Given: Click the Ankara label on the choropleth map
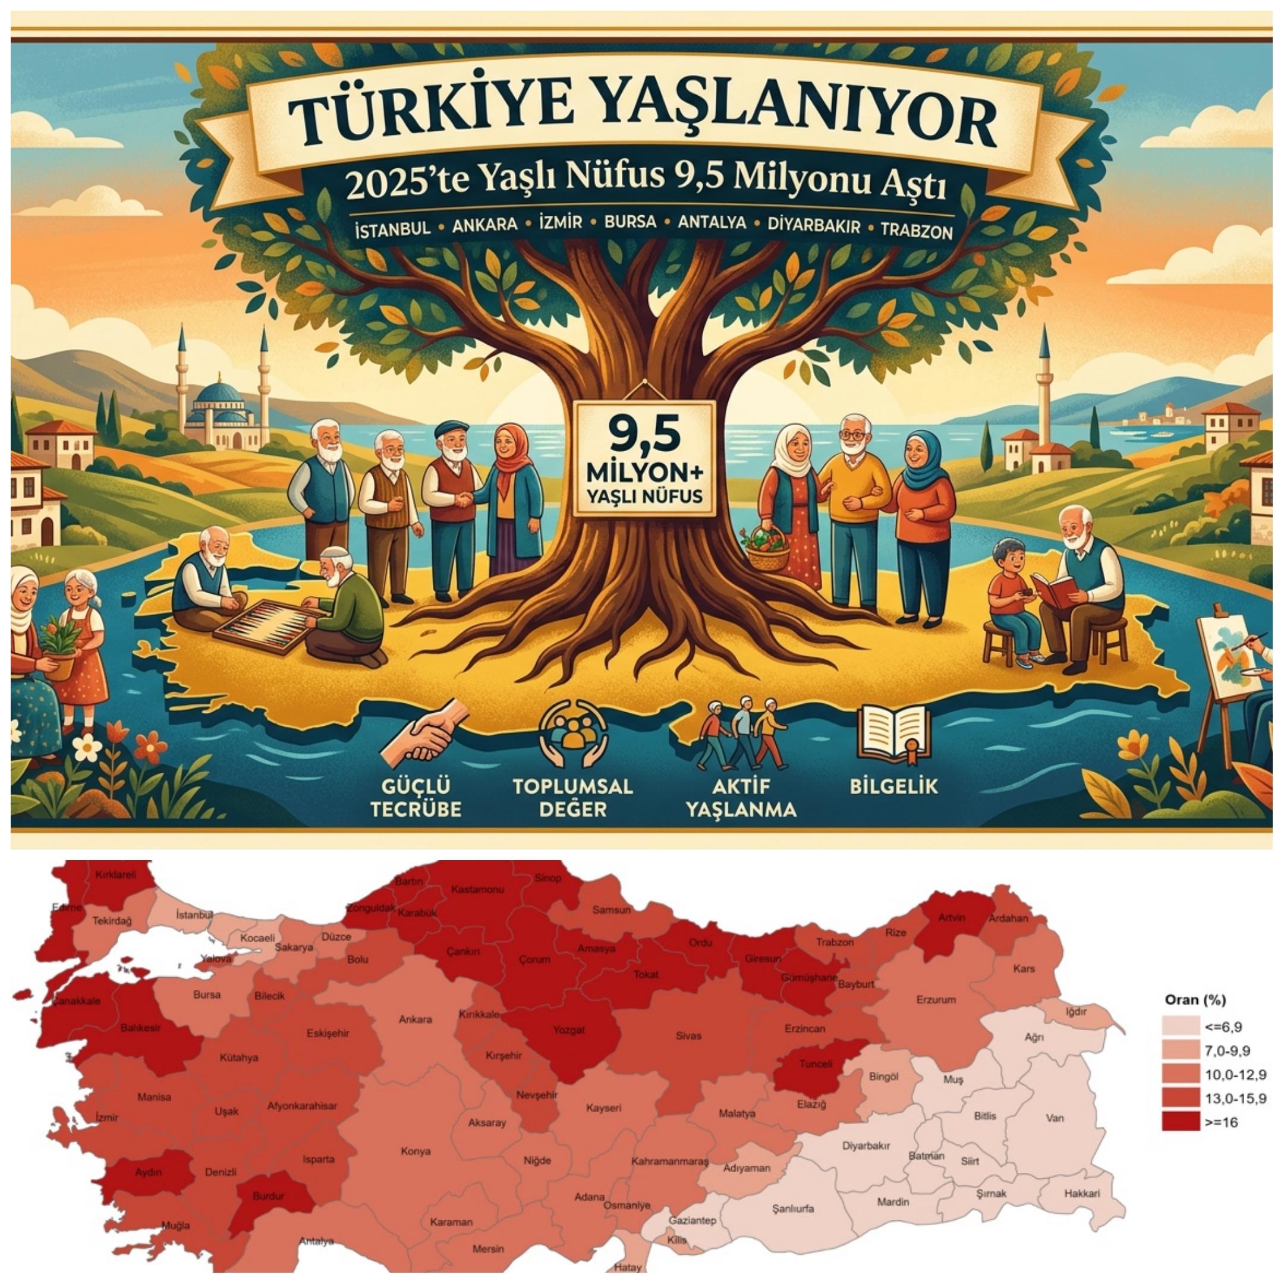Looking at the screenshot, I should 416,1019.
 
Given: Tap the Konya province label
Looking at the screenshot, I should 416,1151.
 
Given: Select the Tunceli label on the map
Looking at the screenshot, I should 816,1064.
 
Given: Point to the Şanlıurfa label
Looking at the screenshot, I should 793,1209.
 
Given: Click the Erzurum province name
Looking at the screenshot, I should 936,999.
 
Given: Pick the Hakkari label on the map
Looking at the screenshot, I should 1082,1193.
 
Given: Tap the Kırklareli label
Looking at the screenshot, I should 116,874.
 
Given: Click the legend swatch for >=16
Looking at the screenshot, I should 1181,1122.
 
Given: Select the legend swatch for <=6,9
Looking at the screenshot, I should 1181,1027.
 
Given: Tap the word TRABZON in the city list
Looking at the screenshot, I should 917,231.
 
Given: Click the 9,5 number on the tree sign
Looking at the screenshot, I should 643,436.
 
